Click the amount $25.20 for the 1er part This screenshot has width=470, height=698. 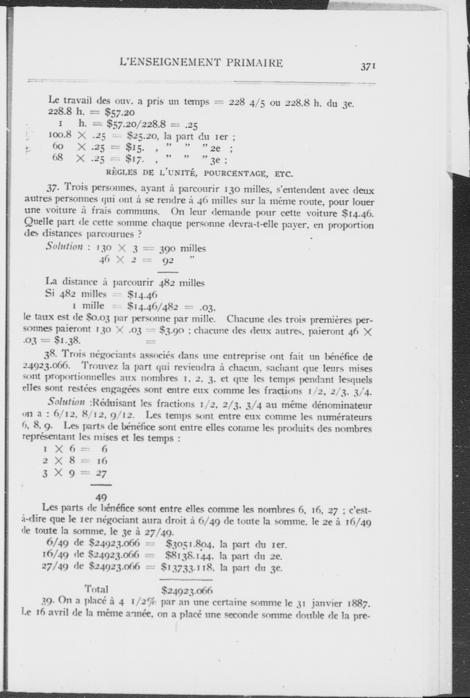[140, 137]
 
